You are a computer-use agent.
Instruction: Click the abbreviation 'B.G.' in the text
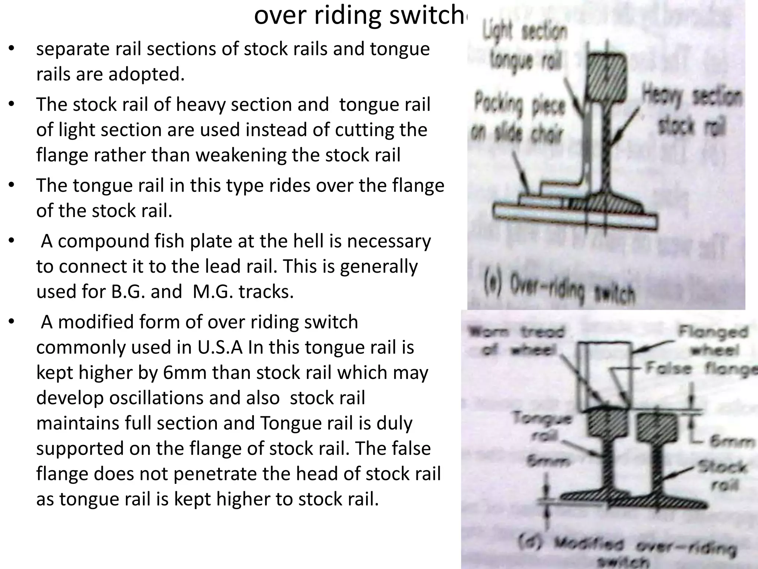tap(128, 292)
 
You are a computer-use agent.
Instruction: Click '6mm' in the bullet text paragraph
tap(183, 373)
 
